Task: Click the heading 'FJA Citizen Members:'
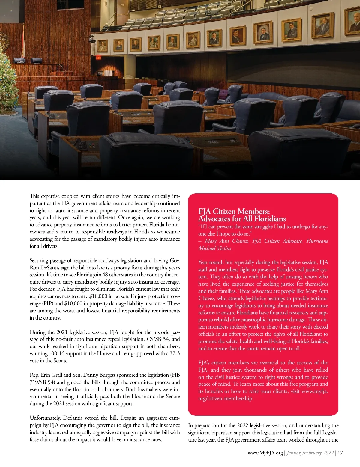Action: tap(234, 212)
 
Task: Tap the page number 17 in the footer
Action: tap(340, 453)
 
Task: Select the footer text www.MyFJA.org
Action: tap(265, 453)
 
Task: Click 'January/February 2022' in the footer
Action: tap(310, 453)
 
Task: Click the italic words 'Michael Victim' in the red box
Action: tap(214, 248)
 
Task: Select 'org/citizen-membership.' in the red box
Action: tap(226, 398)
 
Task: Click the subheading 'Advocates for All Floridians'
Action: tap(242, 219)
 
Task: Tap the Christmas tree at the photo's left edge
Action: tap(7, 81)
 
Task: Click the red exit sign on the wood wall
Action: tap(98, 58)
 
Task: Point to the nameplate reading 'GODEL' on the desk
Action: tap(213, 142)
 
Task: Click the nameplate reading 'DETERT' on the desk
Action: tap(137, 115)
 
